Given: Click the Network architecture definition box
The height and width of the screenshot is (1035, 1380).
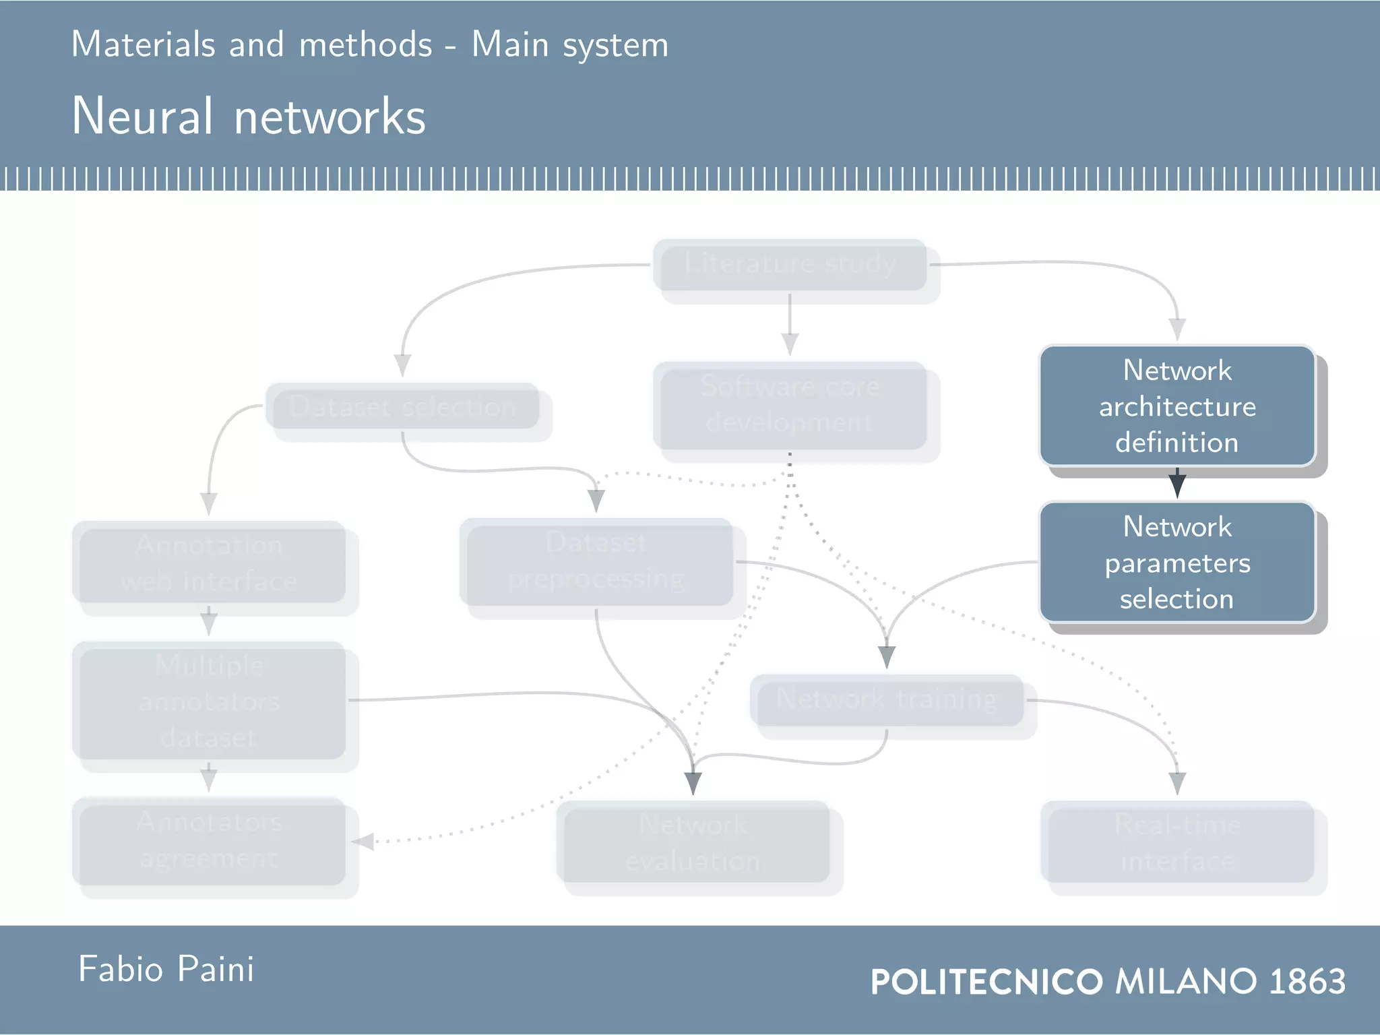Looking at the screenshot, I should click(1177, 406).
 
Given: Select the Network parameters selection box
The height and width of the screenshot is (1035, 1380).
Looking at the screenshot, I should click(1177, 562).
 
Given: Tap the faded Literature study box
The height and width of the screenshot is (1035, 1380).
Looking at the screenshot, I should click(790, 265).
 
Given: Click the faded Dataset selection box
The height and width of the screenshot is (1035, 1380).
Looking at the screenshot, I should click(403, 406).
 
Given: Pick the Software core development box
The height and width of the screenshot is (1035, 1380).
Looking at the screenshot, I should click(790, 406).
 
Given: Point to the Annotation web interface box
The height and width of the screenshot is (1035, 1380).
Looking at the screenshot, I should click(209, 562).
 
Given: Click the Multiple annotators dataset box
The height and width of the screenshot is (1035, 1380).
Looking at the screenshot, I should click(209, 701).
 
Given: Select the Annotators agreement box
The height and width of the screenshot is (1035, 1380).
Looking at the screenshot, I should click(209, 841).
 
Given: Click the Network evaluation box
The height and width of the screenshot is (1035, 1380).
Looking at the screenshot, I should click(693, 842).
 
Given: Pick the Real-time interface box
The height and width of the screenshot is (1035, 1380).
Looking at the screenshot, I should click(1177, 842).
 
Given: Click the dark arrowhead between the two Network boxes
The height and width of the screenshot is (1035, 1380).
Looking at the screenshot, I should click(1177, 484).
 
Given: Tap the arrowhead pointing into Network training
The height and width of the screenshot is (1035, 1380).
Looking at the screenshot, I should click(887, 656).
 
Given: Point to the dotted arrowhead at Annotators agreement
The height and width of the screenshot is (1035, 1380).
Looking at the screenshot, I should click(363, 842).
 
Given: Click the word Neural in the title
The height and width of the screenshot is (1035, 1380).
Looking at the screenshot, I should click(142, 116).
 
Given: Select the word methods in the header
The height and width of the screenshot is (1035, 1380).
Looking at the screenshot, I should click(365, 45).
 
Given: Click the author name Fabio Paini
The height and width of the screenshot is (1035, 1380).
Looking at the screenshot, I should click(166, 969).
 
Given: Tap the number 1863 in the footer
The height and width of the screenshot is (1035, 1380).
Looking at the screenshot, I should click(1307, 981).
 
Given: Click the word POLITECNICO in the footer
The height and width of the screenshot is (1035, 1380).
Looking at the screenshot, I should click(986, 981).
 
